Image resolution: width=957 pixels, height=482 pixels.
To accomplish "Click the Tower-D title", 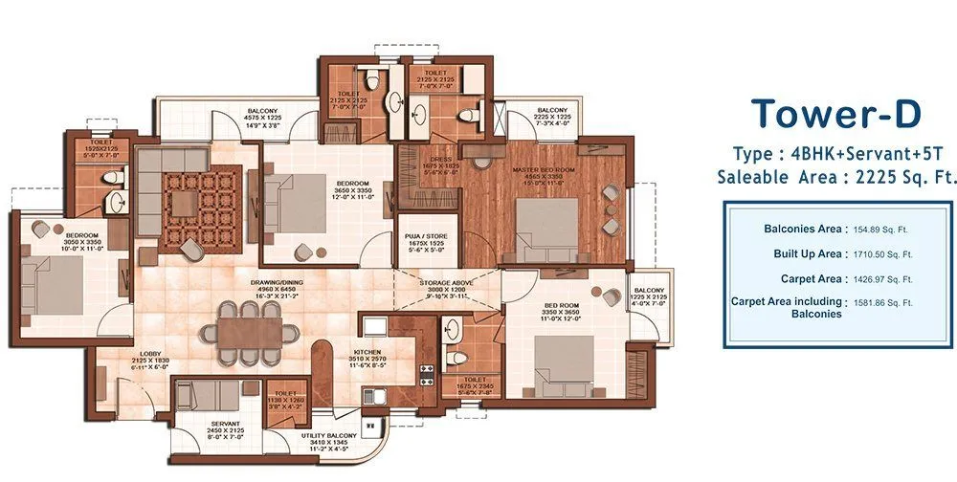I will tap(835, 114).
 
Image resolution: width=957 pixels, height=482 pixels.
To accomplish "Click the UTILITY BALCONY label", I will tap(328, 436).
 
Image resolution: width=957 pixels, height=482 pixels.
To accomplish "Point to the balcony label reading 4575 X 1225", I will tap(261, 117).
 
